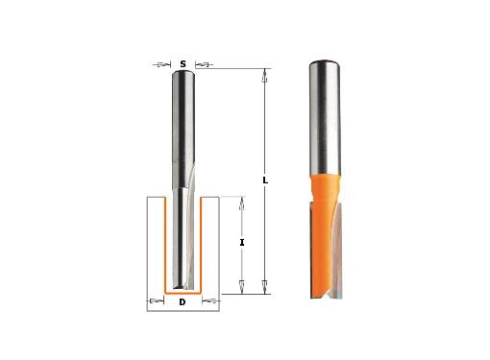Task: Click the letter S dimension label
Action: click(183, 64)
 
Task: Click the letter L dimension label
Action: click(265, 180)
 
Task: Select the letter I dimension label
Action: click(242, 243)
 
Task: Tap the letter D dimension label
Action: click(183, 302)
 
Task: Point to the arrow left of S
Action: click(161, 64)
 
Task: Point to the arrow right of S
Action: click(204, 64)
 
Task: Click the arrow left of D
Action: click(156, 300)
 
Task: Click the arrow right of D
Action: click(211, 300)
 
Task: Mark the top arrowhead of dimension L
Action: click(264, 75)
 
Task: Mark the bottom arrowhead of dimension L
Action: click(264, 286)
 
